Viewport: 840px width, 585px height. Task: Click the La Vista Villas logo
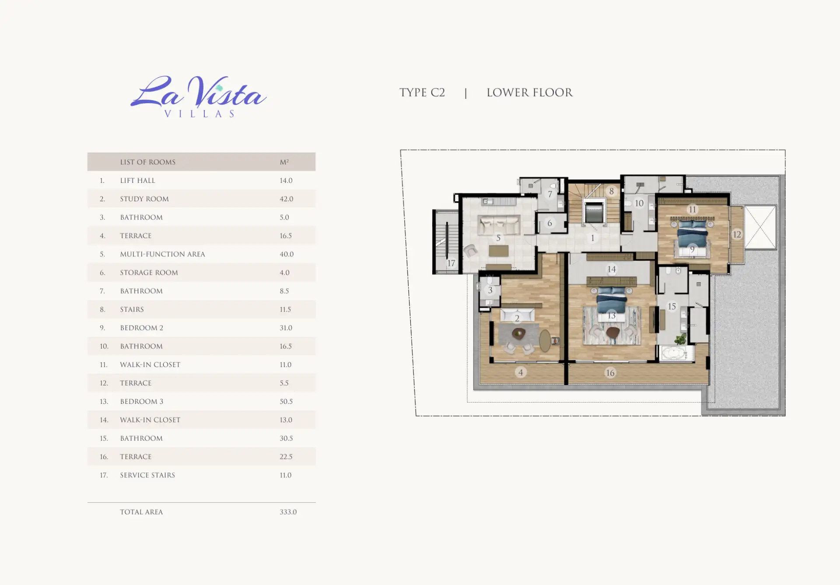(x=198, y=96)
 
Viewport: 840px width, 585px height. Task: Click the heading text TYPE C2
(x=422, y=93)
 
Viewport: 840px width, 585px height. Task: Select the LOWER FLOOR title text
(x=529, y=93)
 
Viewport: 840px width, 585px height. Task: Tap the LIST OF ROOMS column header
(x=148, y=162)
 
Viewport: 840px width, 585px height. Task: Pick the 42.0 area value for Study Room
(x=287, y=199)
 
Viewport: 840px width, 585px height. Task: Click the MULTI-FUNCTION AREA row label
(x=162, y=254)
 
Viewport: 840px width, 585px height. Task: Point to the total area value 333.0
(x=288, y=512)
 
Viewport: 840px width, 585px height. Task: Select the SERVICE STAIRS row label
(x=147, y=475)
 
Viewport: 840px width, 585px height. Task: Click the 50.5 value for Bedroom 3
(x=286, y=402)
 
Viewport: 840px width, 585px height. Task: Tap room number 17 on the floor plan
(x=451, y=263)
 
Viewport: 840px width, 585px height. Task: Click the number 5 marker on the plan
(x=498, y=238)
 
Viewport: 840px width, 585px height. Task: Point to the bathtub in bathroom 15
(x=674, y=354)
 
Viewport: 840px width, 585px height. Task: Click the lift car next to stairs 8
(x=593, y=212)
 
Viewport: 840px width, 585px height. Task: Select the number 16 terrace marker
(x=610, y=373)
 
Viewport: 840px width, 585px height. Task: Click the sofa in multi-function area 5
(x=499, y=225)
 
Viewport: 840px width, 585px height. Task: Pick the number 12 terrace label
(x=737, y=235)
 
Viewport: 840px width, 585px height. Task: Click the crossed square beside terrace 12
(x=760, y=227)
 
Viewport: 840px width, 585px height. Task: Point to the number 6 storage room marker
(x=550, y=223)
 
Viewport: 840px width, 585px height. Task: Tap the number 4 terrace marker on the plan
(x=521, y=372)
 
